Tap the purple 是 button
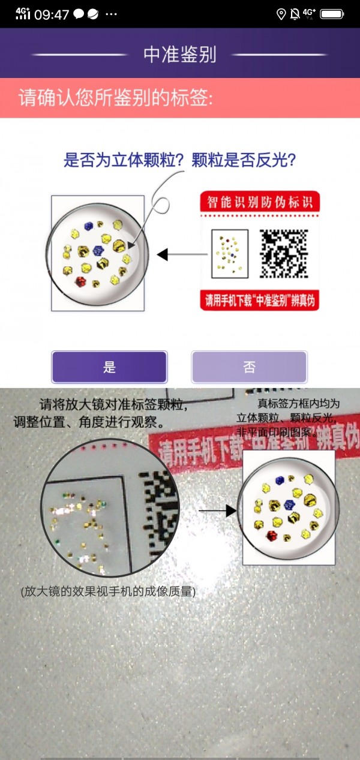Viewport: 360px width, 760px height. [x=109, y=367]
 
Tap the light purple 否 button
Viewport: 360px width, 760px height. [x=249, y=367]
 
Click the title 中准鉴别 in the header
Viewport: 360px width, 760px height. [x=179, y=55]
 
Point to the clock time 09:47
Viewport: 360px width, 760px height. [x=52, y=15]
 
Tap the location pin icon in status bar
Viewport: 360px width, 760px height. [x=281, y=14]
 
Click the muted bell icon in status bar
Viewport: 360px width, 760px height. [x=295, y=14]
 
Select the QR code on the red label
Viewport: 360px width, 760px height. [x=283, y=254]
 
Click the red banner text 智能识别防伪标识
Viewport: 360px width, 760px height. [x=259, y=202]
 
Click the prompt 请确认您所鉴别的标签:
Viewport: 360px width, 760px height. [x=115, y=98]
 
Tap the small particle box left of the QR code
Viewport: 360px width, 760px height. [x=229, y=254]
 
